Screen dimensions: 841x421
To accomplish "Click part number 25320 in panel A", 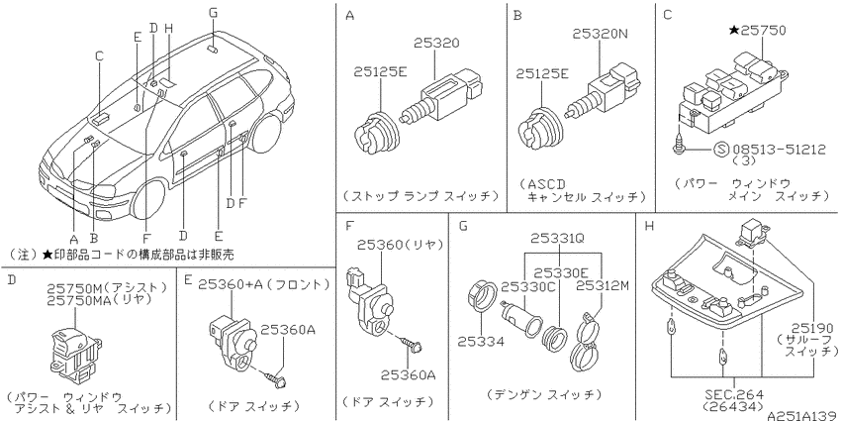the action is (x=436, y=43).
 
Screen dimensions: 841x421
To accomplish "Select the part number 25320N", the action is (x=600, y=34).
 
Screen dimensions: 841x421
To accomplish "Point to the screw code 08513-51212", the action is (x=779, y=149).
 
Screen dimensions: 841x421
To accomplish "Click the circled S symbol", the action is (x=720, y=150).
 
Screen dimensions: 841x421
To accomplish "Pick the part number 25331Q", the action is (x=557, y=239).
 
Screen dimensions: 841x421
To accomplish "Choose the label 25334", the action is (x=481, y=341).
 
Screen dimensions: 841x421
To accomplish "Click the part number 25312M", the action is (x=603, y=286).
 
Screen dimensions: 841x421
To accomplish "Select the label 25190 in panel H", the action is (x=813, y=328).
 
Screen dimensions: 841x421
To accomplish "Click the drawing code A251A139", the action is (x=802, y=415).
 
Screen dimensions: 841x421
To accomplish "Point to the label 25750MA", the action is (x=79, y=301).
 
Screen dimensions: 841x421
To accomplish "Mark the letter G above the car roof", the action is (x=213, y=13).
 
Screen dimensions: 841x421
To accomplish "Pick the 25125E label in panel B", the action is (x=541, y=74).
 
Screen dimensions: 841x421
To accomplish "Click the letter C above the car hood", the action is (x=99, y=55).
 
